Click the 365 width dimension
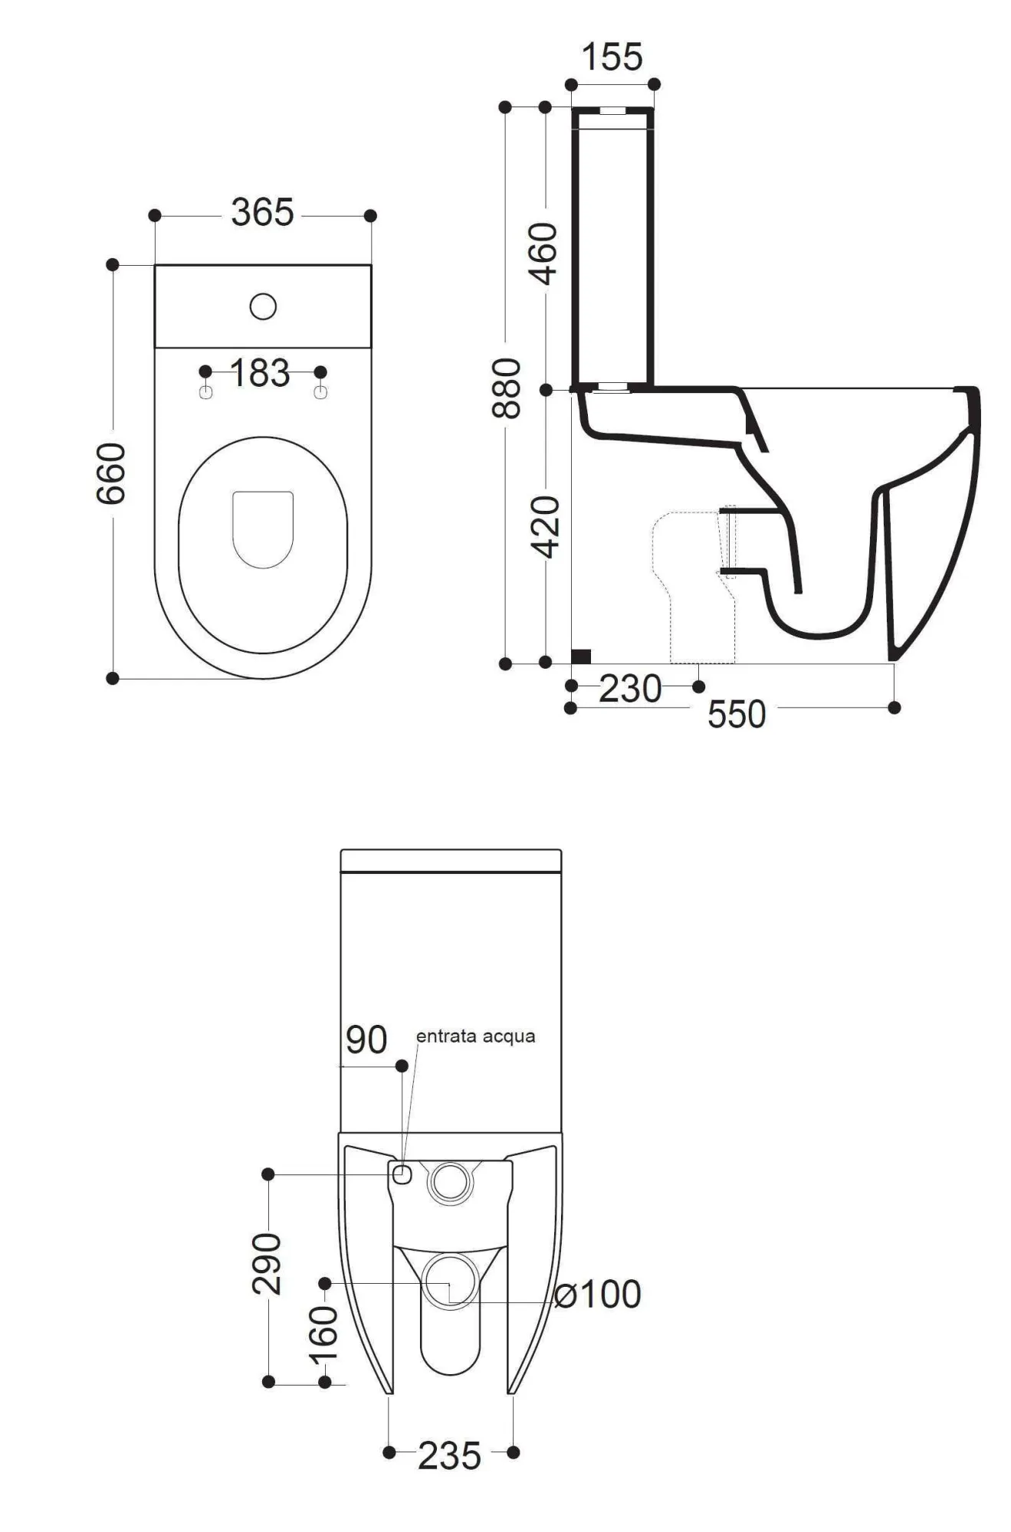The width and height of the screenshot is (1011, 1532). pos(262,212)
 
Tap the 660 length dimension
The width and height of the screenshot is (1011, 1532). pos(111,473)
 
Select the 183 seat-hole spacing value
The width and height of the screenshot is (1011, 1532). pos(260,373)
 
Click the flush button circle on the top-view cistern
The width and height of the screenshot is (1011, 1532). pos(263,306)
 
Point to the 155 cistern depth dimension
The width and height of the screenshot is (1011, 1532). pos(612,57)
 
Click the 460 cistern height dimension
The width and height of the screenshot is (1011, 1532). pos(544,253)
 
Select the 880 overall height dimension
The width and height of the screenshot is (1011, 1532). pos(506,388)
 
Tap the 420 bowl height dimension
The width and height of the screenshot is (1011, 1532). pos(546,527)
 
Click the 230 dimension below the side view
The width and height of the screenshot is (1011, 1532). pos(630,689)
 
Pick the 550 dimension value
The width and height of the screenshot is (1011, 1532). pos(737,714)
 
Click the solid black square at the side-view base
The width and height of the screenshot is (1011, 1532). pos(582,656)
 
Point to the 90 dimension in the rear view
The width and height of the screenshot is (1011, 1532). pos(366,1039)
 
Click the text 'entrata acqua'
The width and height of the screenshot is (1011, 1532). pos(475,1036)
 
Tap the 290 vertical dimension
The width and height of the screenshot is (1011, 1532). pos(267,1263)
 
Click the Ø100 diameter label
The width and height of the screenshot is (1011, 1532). pos(597,1294)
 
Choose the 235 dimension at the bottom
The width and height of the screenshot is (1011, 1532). pos(450,1455)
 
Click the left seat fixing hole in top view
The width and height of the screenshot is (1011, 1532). pos(205,392)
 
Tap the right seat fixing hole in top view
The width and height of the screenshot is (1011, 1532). pos(320,392)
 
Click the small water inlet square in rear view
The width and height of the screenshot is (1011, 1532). pos(402,1174)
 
